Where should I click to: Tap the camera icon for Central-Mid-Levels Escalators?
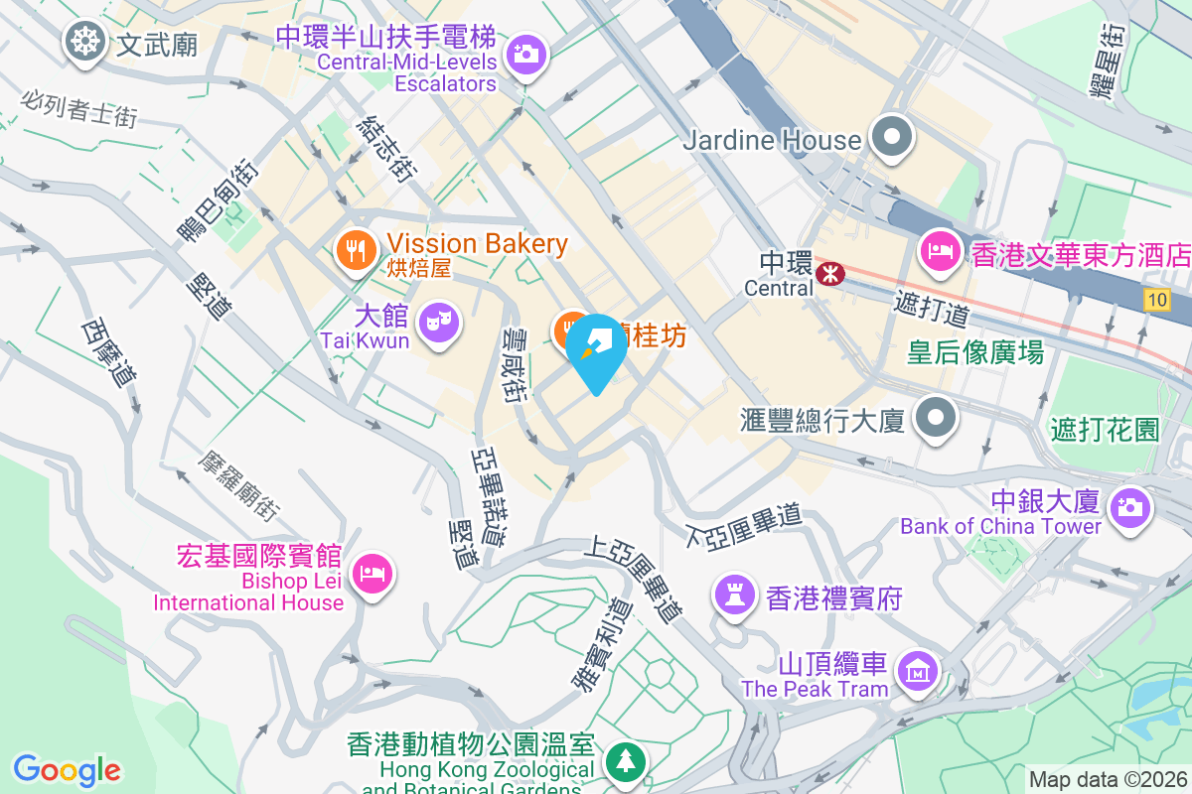click(525, 53)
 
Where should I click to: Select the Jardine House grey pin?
click(892, 138)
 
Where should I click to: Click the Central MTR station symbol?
click(826, 271)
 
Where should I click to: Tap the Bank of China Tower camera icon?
click(1130, 508)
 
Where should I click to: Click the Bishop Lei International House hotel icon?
click(375, 574)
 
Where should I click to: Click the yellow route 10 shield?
click(1155, 300)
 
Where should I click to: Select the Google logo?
click(68, 769)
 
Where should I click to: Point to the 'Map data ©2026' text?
click(1107, 779)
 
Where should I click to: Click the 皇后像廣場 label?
click(975, 351)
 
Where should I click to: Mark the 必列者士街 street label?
click(78, 108)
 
